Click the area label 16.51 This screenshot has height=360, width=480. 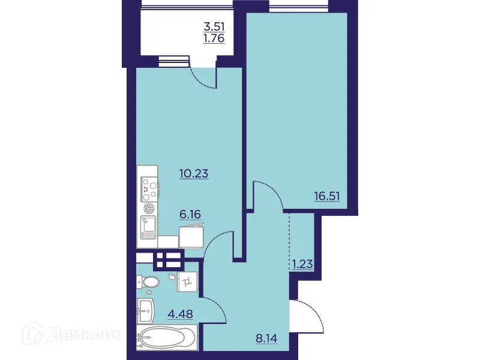point(326,194)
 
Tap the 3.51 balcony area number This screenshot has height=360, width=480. point(216,27)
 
